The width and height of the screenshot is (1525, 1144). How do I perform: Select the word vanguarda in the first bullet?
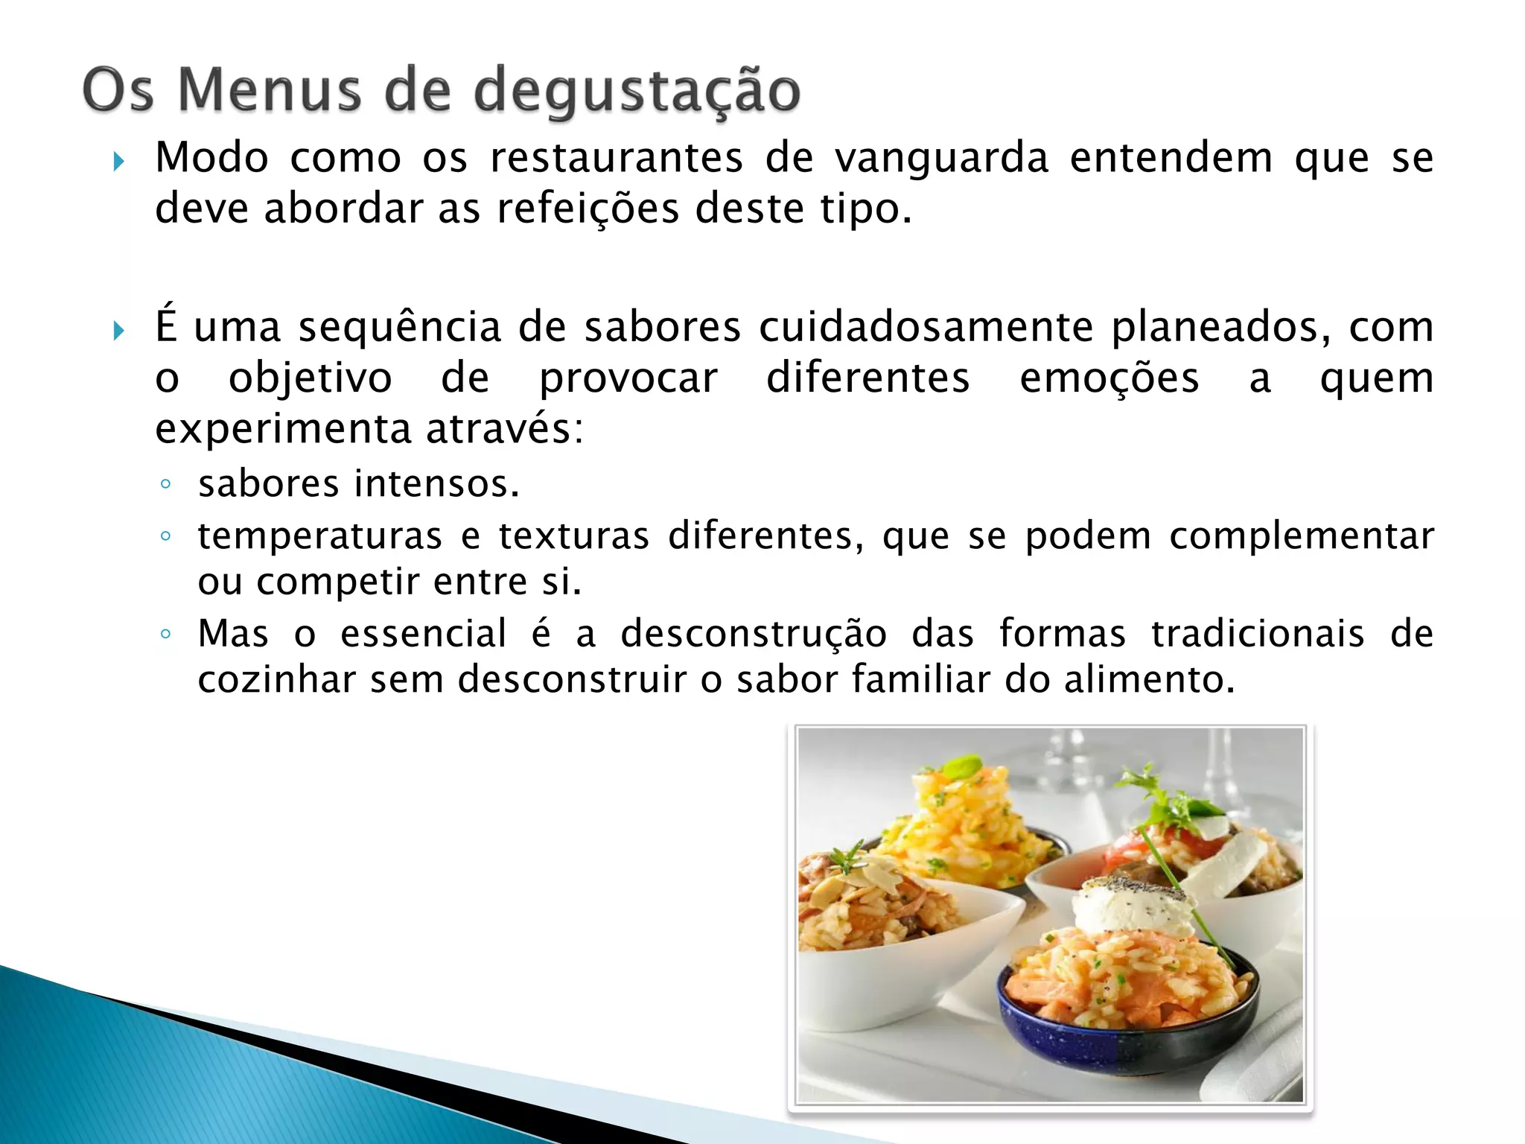[941, 159]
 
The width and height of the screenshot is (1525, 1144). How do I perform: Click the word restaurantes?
[617, 159]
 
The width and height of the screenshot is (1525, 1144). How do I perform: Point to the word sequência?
[400, 328]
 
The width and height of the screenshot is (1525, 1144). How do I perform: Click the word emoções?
[1109, 378]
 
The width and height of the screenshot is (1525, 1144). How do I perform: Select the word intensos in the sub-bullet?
[436, 484]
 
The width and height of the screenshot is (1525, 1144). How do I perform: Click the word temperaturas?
[320, 536]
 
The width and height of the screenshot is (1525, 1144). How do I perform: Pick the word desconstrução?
[754, 635]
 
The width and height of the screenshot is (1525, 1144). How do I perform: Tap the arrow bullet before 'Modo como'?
[118, 161]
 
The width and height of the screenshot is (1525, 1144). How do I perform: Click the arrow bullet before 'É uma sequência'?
[118, 330]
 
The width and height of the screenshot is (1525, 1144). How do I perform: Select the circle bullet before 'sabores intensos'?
[165, 485]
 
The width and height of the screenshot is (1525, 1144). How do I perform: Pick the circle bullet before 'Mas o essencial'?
[165, 635]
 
